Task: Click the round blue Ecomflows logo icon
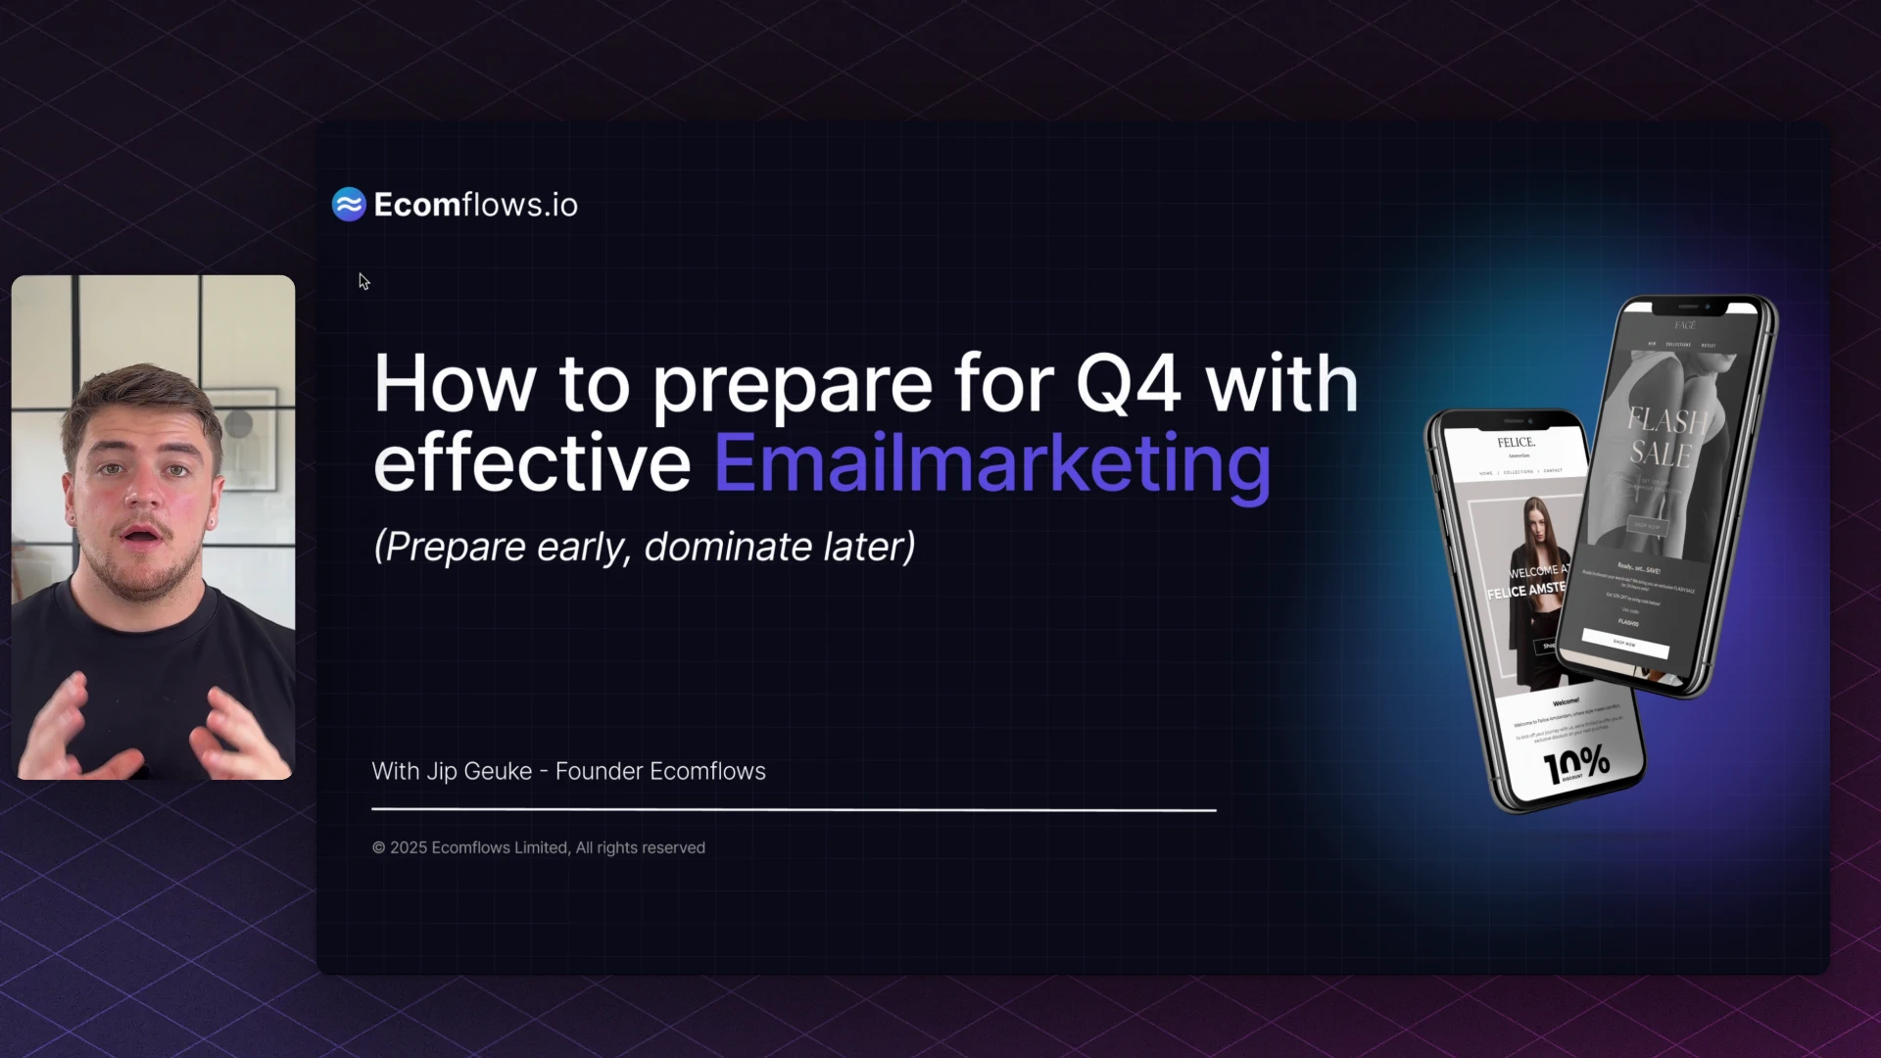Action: tap(349, 205)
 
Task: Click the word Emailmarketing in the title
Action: tap(991, 464)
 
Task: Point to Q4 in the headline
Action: tap(1128, 384)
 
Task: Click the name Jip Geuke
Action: tap(479, 772)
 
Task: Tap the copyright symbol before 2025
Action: tap(378, 848)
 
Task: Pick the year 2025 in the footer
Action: tap(408, 848)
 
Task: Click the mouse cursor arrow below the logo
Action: tap(363, 281)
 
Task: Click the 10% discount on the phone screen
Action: tap(1576, 764)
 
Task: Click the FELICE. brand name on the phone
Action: tap(1516, 443)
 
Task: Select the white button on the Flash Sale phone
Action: tap(1624, 644)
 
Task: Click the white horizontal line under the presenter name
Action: tap(794, 810)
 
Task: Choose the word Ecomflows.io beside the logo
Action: tap(475, 205)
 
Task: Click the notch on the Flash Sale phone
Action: tap(1685, 306)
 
